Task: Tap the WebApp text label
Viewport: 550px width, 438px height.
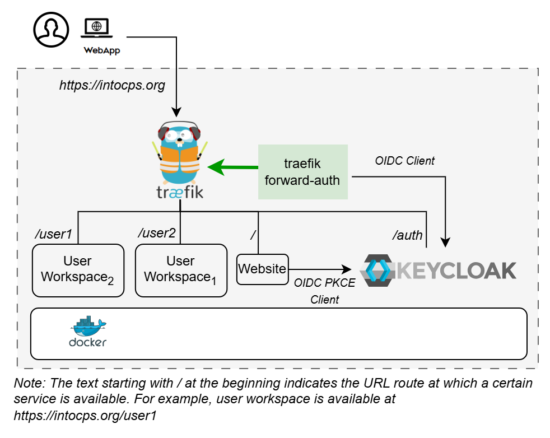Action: coord(101,50)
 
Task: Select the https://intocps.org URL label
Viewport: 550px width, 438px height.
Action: coord(112,86)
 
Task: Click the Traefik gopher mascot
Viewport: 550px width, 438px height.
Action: coord(180,151)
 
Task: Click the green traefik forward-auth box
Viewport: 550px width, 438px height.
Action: coord(302,171)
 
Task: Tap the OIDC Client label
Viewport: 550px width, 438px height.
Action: coord(404,161)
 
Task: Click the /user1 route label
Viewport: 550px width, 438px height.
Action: coord(54,234)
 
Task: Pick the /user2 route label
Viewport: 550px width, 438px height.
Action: coord(157,233)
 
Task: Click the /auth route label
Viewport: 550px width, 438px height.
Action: coord(408,235)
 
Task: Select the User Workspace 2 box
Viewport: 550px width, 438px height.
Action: coord(77,270)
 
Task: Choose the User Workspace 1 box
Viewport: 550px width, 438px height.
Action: coord(181,270)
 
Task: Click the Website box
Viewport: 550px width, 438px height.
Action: coord(262,269)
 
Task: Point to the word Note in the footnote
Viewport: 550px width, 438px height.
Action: coord(26,384)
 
